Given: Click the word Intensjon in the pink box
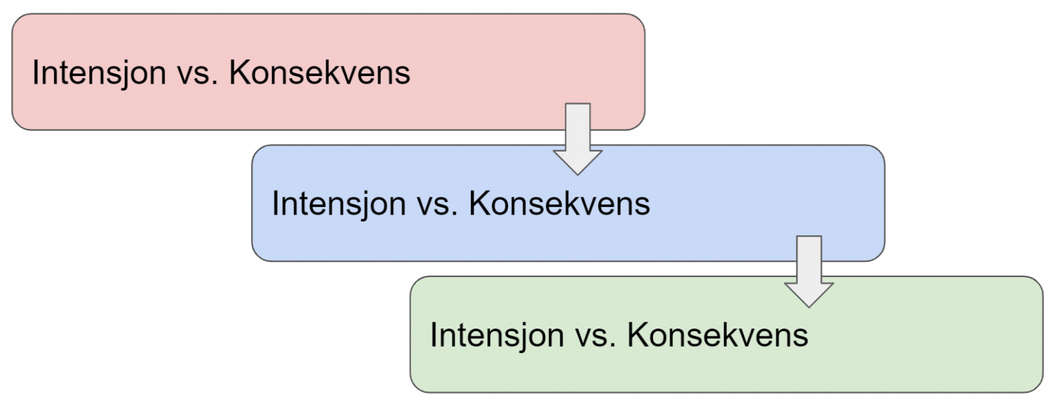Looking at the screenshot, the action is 99,73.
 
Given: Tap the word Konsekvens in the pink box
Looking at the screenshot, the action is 319,73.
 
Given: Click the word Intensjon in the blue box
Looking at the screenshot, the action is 339,204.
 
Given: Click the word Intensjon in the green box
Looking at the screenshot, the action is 497,335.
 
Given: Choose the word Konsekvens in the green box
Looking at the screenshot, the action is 718,335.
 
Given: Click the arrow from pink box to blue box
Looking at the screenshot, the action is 578,139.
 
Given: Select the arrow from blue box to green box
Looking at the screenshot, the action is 809,272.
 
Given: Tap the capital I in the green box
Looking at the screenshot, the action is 433,335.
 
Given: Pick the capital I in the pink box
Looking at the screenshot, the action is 35,73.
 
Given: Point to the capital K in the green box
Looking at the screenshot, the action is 638,335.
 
